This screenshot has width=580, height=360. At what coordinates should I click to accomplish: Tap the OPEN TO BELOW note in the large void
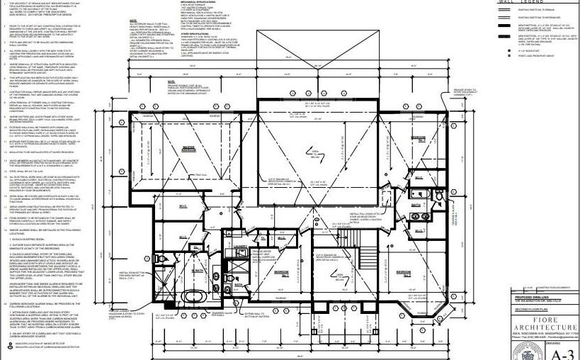click(x=312, y=152)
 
